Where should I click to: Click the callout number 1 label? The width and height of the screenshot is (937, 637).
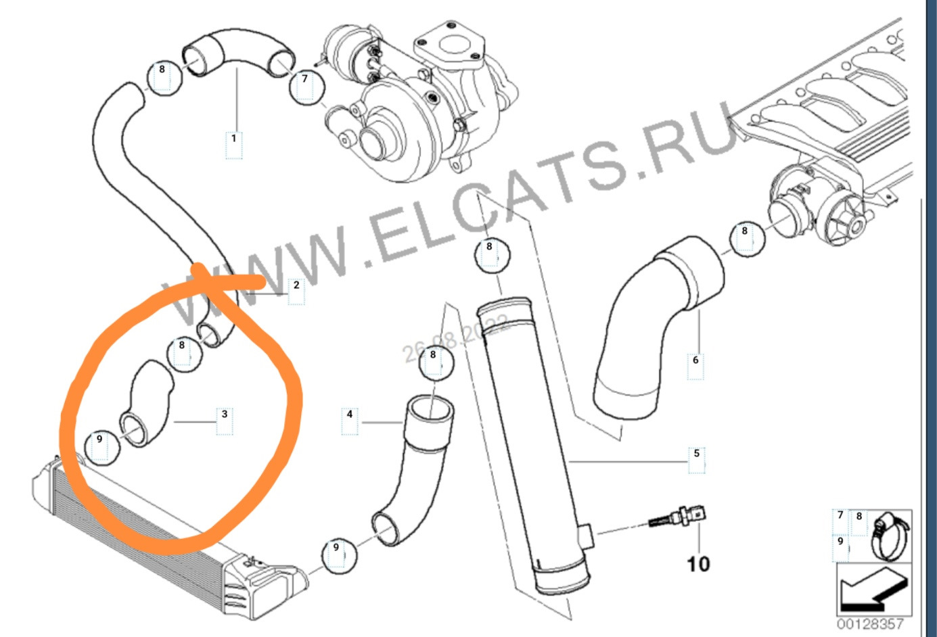click(x=233, y=139)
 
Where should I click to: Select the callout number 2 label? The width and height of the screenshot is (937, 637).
click(x=296, y=285)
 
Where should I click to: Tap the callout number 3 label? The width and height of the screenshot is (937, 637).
click(x=225, y=413)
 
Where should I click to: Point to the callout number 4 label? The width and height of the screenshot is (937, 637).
click(x=349, y=413)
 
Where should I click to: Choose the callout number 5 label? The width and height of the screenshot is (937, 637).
click(x=696, y=453)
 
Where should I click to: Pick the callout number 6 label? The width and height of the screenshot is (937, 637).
click(x=695, y=360)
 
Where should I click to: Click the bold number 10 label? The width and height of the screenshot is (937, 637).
click(x=698, y=563)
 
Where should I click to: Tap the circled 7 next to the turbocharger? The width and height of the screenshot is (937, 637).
click(x=305, y=79)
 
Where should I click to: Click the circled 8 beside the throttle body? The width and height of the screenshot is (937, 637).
click(x=745, y=231)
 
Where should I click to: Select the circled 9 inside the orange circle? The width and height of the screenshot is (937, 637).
click(x=99, y=440)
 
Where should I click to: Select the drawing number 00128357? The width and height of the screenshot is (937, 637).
click(x=870, y=624)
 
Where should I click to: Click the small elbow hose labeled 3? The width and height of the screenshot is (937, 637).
click(x=147, y=404)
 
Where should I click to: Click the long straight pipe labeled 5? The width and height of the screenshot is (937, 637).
click(x=534, y=446)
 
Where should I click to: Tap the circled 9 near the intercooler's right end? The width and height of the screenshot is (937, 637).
click(x=336, y=547)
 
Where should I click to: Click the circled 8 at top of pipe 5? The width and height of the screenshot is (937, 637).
click(x=489, y=247)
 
